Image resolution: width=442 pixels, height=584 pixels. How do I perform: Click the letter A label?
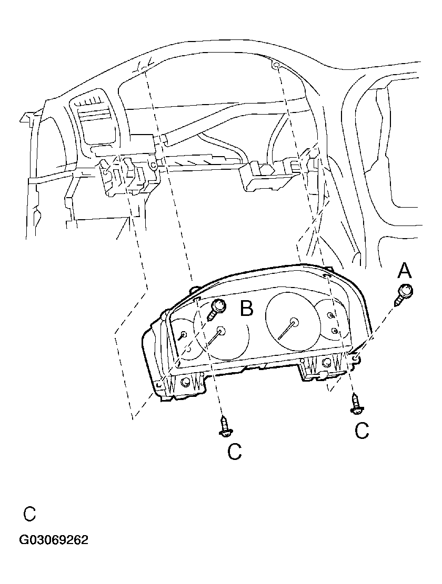404,271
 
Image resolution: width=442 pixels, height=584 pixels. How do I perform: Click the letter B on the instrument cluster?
246,309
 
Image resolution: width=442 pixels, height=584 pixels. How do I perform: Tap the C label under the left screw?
234,451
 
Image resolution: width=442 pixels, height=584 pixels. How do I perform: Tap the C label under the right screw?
362,431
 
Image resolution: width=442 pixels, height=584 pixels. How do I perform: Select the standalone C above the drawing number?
29,514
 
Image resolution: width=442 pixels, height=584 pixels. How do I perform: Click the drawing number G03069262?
54,540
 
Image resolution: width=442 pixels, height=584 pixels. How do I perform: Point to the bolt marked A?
404,293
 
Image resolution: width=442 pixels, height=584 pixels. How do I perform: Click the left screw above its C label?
226,425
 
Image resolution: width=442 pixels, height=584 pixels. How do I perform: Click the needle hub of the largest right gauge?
293,322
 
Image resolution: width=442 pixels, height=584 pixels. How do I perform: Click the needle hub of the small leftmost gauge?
184,334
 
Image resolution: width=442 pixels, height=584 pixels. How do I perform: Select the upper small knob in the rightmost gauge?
330,315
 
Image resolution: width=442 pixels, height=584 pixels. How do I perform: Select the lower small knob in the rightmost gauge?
335,330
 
